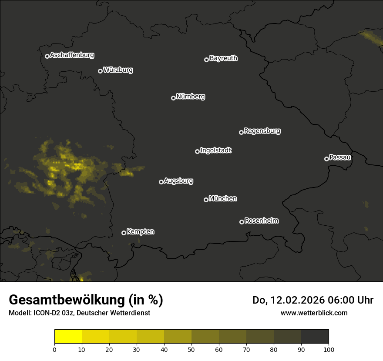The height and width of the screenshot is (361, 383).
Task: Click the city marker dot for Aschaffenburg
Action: click(x=47, y=56)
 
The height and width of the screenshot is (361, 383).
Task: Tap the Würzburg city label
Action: click(x=118, y=70)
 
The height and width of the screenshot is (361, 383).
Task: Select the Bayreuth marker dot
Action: click(x=206, y=60)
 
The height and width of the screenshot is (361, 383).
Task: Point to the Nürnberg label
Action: click(x=191, y=97)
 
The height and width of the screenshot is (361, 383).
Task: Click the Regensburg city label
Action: click(x=262, y=131)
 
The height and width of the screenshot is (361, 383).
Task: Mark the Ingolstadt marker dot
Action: click(x=197, y=151)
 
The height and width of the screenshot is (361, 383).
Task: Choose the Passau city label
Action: click(x=340, y=157)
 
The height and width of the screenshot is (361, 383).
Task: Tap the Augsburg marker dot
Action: click(x=161, y=182)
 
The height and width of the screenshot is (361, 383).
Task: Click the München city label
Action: click(x=223, y=199)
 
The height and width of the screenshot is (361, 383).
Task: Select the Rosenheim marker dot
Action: click(x=242, y=222)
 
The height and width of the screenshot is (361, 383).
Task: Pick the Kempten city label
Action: click(x=140, y=232)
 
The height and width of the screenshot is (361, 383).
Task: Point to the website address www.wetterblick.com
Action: click(x=314, y=313)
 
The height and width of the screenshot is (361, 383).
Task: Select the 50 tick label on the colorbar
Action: click(x=191, y=349)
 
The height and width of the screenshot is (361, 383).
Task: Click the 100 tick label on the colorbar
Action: click(x=329, y=349)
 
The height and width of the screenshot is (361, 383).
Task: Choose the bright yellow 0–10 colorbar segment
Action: click(x=68, y=337)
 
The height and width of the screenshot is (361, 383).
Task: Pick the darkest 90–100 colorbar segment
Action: click(x=315, y=337)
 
